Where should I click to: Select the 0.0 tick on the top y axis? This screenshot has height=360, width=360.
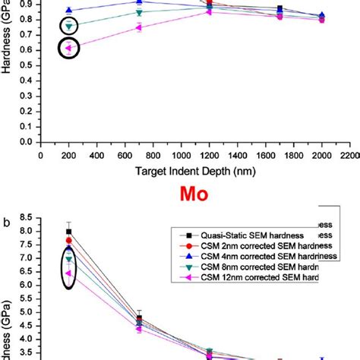point(27,142)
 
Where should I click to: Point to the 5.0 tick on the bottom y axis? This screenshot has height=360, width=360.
point(27,312)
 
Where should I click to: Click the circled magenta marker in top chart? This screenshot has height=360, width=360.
point(68,48)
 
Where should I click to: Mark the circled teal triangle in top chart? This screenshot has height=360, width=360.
point(69,26)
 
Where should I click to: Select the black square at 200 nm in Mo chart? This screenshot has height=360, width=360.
point(69,231)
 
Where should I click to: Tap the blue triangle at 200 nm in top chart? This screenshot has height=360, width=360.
point(69,11)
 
